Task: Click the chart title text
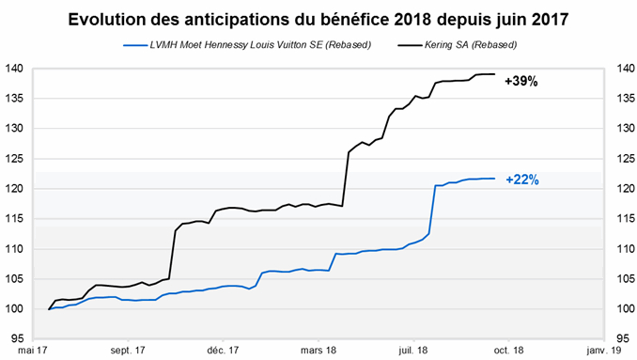(318, 20)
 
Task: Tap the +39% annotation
(521, 82)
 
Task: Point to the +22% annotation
(521, 180)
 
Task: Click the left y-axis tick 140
(15, 69)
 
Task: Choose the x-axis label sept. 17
(127, 350)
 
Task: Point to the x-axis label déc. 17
(223, 350)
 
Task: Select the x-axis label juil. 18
(413, 350)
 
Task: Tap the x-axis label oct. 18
(508, 350)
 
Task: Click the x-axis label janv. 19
(603, 350)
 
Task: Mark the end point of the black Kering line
(494, 74)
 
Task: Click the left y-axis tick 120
(15, 189)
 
